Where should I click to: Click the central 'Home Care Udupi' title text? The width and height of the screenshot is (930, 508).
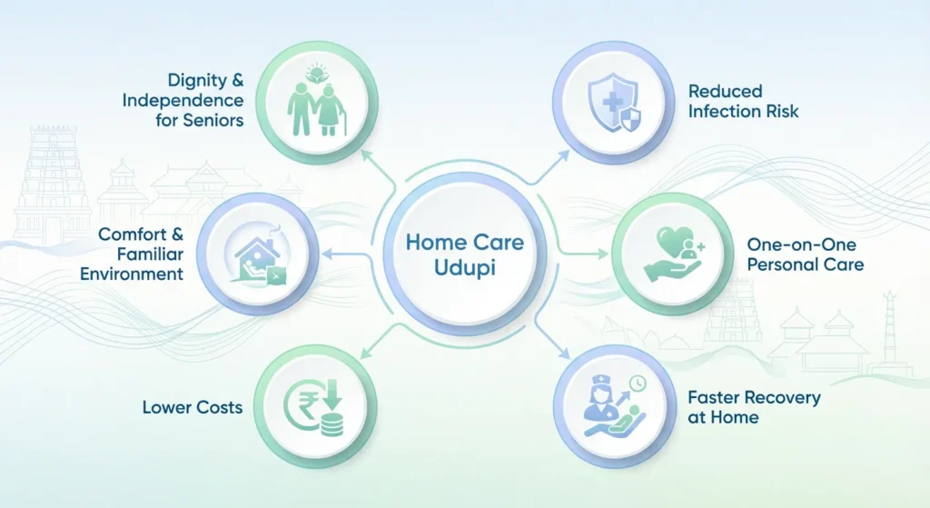click(x=464, y=256)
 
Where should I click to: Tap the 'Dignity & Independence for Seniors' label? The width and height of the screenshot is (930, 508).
click(x=183, y=100)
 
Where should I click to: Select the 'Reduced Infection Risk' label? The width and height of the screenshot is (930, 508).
click(x=743, y=101)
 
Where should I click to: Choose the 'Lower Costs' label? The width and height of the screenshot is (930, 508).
click(x=193, y=407)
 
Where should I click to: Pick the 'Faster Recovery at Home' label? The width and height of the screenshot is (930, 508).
click(x=741, y=407)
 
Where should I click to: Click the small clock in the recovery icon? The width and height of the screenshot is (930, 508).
click(x=640, y=385)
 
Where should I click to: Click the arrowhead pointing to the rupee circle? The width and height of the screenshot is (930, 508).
click(x=364, y=355)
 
